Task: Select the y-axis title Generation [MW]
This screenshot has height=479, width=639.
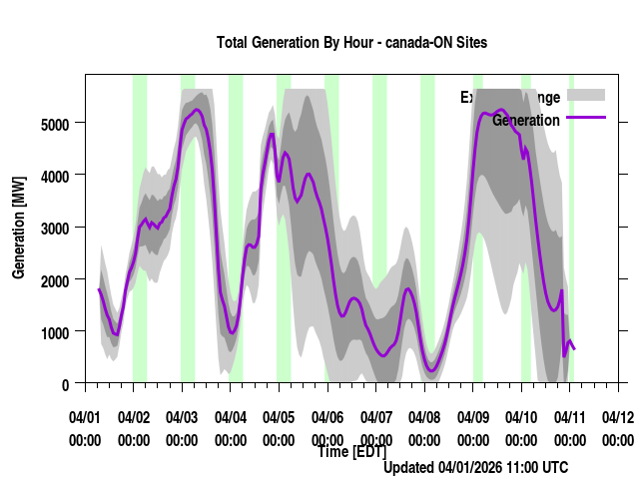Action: coord(19,229)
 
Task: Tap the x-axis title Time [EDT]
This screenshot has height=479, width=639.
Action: coord(351,452)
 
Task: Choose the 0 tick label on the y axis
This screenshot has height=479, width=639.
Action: coord(65,384)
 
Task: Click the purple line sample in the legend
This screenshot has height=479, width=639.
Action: coord(586,119)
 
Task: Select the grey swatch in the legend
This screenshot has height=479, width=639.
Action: coord(586,95)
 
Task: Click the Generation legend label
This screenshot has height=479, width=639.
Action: coord(525,120)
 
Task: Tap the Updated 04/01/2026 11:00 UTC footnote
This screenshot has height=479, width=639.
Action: coord(475,467)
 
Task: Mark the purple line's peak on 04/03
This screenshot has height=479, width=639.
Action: coord(197,110)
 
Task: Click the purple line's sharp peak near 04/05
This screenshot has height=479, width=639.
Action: coord(271,134)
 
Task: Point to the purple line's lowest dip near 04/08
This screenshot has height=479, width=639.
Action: coord(431,371)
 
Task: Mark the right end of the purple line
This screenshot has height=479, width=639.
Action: coord(574,348)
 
